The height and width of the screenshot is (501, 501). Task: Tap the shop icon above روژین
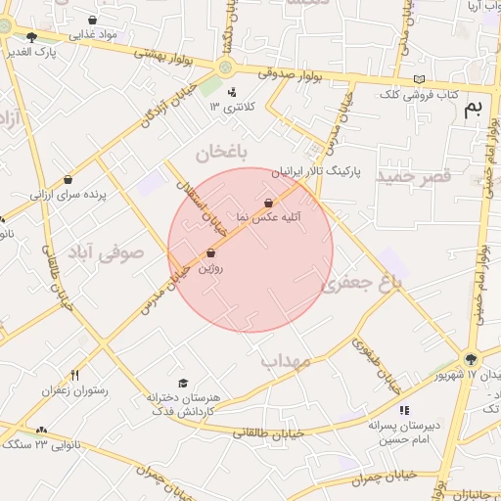210,253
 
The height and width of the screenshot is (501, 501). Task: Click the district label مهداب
286,361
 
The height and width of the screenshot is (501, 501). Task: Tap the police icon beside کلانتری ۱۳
232,93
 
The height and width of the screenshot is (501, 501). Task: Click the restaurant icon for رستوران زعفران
74,375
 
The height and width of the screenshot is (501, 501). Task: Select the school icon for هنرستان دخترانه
183,383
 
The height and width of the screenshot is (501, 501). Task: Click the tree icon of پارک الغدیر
31,37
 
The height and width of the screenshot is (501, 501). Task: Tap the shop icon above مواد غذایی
93,20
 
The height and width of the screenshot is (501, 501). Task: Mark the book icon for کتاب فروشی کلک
420,79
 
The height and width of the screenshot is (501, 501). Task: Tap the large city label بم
473,108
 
